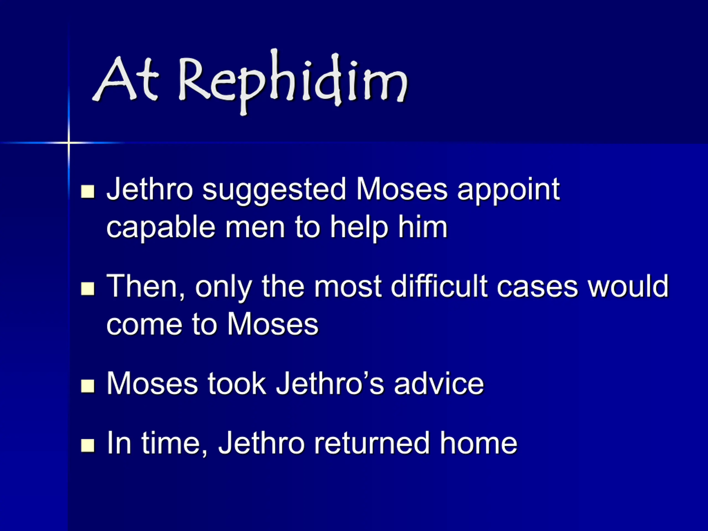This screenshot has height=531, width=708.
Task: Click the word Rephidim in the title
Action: point(293,82)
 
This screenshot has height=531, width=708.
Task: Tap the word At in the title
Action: point(126,79)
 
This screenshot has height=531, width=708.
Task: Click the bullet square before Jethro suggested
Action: point(88,192)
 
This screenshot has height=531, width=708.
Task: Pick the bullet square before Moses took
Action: point(88,386)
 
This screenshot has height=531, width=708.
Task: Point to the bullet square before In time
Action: point(88,445)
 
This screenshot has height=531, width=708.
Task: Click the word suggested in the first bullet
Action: point(274,191)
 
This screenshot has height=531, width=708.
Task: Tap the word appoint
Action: point(509,191)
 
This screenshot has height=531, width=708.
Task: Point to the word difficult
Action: point(439,285)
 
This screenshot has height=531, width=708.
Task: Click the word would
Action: point(628,285)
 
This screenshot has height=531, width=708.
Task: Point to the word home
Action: point(478,443)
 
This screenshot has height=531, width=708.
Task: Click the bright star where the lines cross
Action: point(69,142)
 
